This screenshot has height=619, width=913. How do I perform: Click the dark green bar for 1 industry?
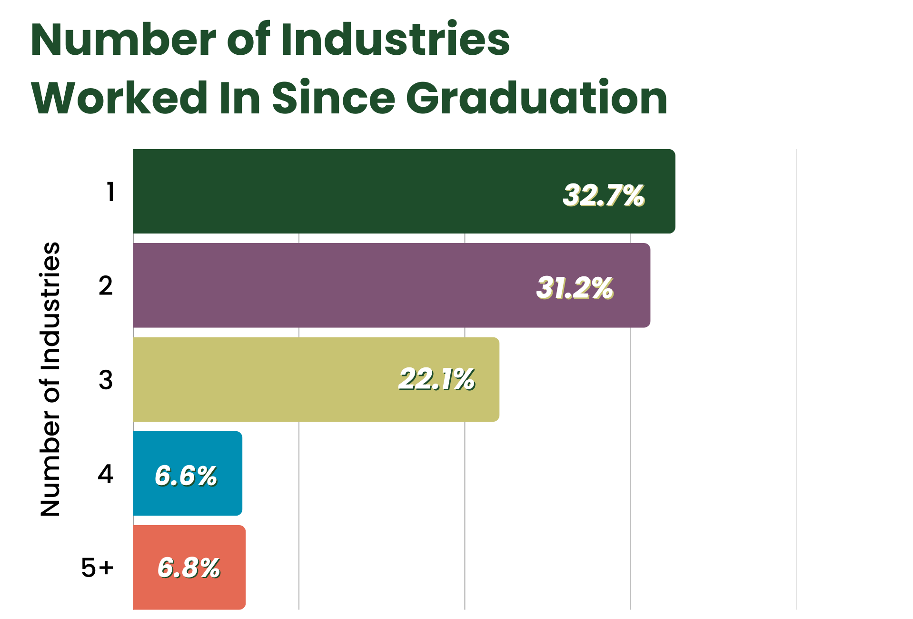click(404, 191)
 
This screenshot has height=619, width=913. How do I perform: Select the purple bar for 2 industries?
click(391, 285)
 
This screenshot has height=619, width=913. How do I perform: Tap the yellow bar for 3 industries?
click(316, 379)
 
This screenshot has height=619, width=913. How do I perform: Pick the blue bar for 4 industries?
click(188, 473)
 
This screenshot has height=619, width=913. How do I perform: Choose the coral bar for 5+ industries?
click(189, 567)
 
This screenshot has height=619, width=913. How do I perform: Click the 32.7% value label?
click(604, 195)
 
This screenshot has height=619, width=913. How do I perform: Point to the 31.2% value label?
click(575, 288)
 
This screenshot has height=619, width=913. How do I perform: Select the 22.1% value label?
click(437, 380)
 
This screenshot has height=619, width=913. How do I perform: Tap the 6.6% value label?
click(186, 476)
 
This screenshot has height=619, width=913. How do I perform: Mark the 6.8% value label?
click(189, 568)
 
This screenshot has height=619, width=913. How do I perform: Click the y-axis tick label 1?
click(110, 192)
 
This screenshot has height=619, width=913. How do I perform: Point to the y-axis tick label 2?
click(106, 286)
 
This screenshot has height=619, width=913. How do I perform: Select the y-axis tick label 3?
click(106, 380)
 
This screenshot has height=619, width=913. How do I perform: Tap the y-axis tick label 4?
click(106, 474)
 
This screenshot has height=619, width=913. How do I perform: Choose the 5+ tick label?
click(98, 568)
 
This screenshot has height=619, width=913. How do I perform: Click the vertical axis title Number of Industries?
click(50, 379)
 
